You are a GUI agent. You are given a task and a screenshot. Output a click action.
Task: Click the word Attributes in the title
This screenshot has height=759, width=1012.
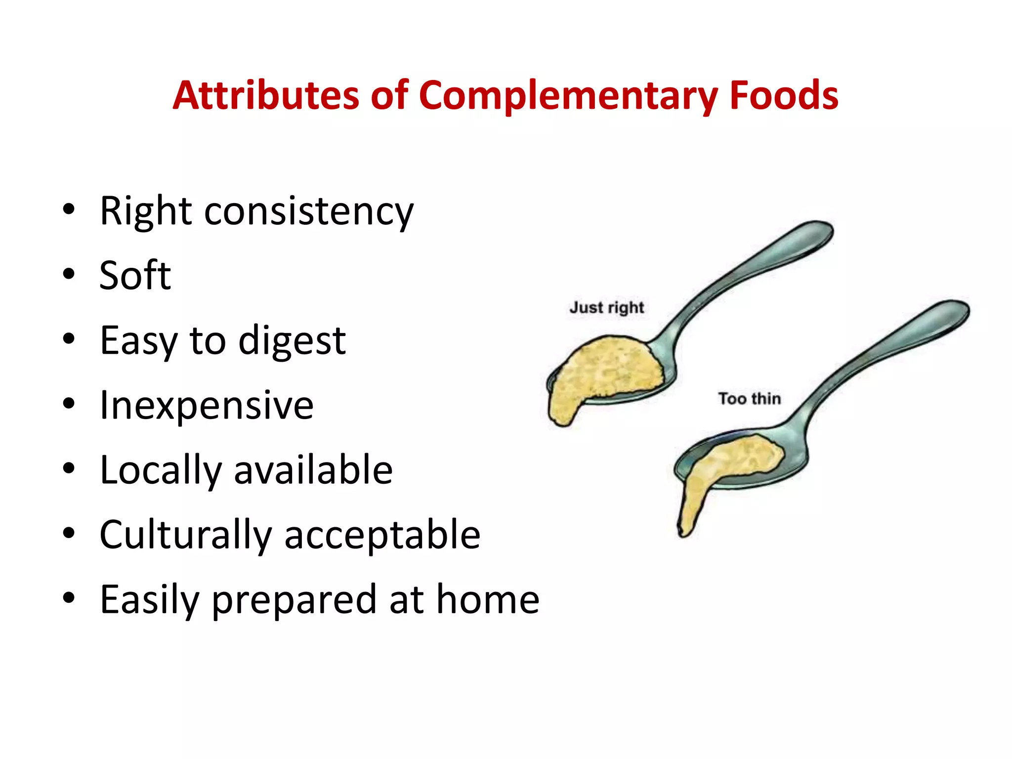click(x=266, y=95)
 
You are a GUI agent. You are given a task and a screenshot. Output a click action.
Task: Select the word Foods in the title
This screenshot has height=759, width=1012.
click(x=784, y=95)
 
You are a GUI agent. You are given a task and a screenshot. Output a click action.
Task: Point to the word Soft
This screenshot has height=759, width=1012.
click(x=135, y=275)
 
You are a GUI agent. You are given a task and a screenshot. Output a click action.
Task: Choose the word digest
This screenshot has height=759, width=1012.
click(x=292, y=341)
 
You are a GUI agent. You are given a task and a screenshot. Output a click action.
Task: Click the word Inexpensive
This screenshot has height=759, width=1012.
click(x=207, y=405)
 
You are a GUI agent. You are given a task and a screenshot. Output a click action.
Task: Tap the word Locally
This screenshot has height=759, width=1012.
click(x=161, y=470)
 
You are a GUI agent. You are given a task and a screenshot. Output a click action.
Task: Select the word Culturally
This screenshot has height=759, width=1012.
click(x=186, y=535)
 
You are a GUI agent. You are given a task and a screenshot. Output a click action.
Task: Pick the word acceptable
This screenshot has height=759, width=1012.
click(x=382, y=535)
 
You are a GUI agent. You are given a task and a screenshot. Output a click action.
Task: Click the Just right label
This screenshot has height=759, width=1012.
click(x=606, y=307)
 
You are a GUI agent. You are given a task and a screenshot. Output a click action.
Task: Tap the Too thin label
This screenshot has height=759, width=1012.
click(x=749, y=398)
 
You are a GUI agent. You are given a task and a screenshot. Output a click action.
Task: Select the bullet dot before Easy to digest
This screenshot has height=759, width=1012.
click(x=69, y=339)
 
